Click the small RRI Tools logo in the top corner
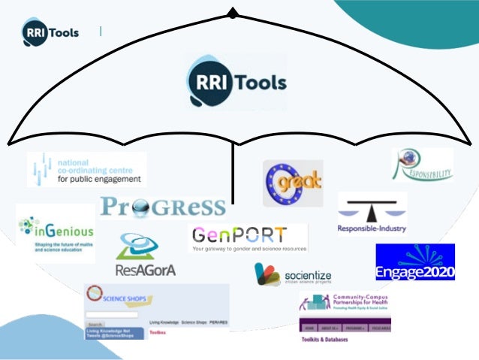(50, 32)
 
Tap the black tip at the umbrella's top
(233, 13)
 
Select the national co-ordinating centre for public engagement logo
(86, 169)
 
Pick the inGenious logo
(56, 231)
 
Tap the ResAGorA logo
(146, 256)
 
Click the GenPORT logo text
(238, 234)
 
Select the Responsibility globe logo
(423, 165)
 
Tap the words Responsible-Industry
(372, 227)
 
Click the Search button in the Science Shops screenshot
(95, 325)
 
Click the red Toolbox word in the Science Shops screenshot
(158, 331)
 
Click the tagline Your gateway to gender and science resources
(249, 247)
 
